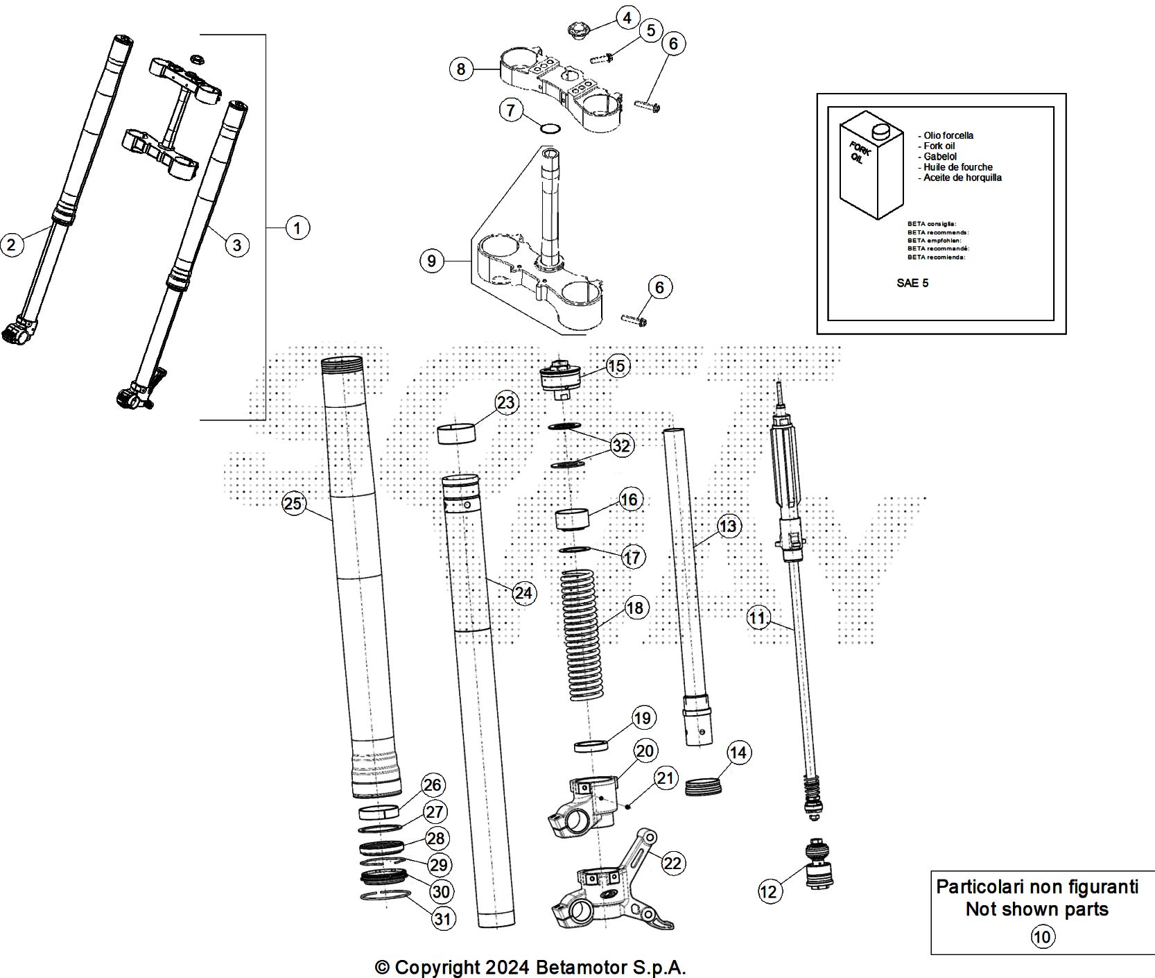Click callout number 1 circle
[297, 228]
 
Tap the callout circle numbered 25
[294, 504]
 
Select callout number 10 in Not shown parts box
[1042, 937]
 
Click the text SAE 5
[912, 283]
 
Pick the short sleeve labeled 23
[458, 434]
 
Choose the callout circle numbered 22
[672, 863]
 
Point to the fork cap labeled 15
[559, 379]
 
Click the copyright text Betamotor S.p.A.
[530, 967]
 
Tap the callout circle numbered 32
[620, 445]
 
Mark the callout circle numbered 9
[432, 261]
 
